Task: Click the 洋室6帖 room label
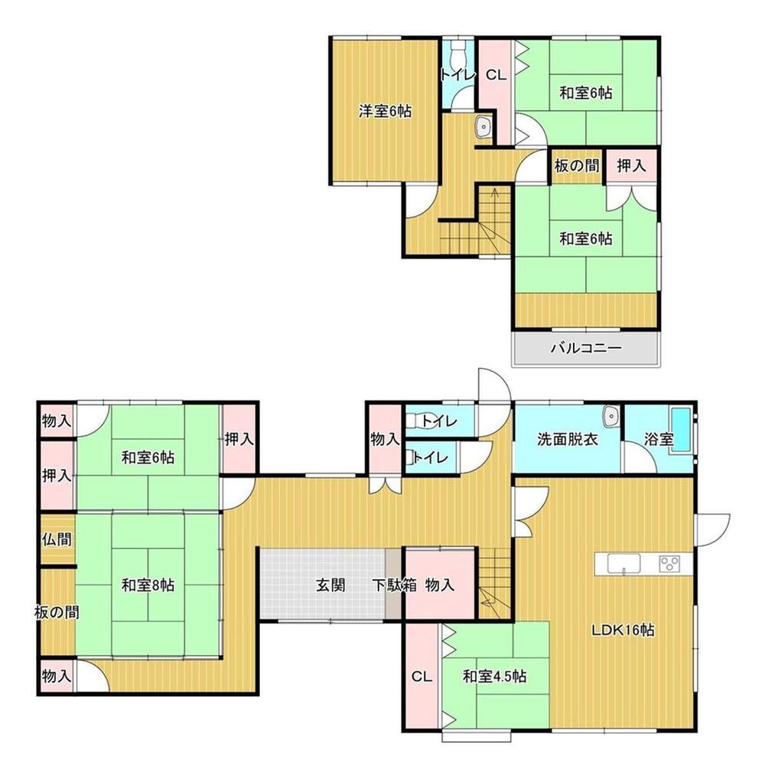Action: (385, 112)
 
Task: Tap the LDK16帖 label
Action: (623, 630)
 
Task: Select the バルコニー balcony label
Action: (586, 348)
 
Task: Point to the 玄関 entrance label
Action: (330, 585)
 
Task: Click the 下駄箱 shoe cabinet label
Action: (395, 585)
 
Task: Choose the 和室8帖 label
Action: (148, 585)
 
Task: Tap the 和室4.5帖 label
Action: (495, 676)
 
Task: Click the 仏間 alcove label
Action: (57, 539)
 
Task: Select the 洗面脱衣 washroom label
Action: (568, 440)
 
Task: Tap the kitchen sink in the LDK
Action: (624, 564)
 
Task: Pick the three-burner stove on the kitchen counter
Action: (669, 564)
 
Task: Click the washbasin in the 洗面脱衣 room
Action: (610, 416)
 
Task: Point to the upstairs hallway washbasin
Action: (483, 127)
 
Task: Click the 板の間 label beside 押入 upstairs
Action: (576, 166)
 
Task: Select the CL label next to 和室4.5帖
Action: (422, 677)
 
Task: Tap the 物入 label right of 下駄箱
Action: (440, 585)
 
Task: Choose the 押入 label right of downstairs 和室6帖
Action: (239, 439)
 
